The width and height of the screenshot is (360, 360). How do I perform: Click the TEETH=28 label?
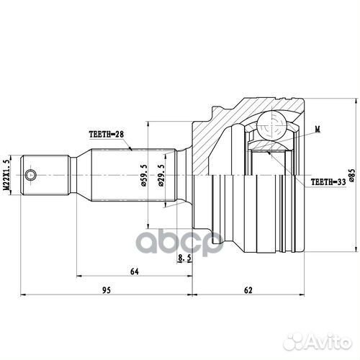(x=106, y=134)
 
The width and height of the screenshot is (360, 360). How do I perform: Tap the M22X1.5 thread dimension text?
(x=8, y=176)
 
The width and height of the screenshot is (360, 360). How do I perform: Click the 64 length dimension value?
(x=134, y=271)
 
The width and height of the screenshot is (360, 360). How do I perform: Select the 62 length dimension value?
(x=248, y=290)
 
